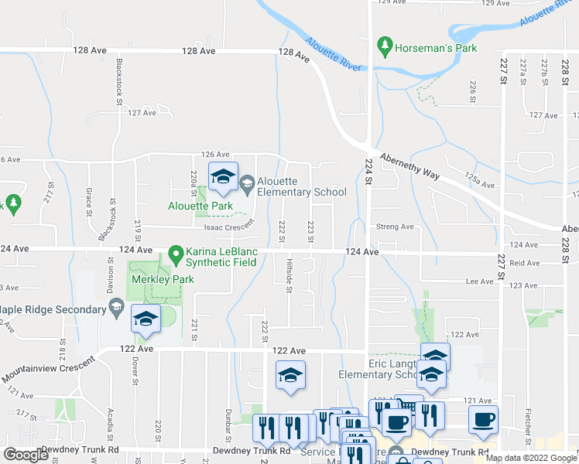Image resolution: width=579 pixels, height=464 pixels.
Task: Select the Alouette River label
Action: click(334, 55)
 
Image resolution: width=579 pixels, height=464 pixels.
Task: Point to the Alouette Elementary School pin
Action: click(248, 183)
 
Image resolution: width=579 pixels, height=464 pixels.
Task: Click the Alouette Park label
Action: click(200, 206)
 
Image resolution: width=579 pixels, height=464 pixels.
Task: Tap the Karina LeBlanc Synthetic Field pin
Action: click(176, 253)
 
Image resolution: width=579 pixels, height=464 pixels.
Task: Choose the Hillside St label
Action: click(289, 275)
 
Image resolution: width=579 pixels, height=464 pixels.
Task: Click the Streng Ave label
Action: click(395, 227)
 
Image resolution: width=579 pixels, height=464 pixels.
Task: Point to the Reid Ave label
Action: click(525, 264)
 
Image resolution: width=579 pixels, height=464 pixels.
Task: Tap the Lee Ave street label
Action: click(480, 282)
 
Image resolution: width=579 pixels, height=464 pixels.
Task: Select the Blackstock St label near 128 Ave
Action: click(120, 80)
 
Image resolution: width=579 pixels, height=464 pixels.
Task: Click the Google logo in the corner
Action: click(26, 455)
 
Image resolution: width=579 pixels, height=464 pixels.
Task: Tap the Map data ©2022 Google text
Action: click(531, 459)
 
